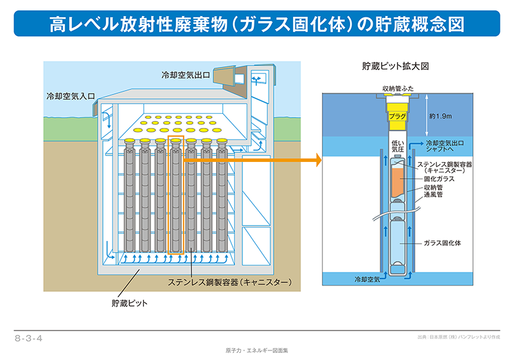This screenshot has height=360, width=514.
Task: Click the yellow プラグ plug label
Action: tap(397, 116)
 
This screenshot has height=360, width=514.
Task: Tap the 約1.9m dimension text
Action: tap(440, 116)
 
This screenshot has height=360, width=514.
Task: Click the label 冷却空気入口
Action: tap(71, 96)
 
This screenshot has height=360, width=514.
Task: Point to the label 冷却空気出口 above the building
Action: tap(186, 75)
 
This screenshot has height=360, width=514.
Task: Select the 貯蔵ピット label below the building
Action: tap(130, 303)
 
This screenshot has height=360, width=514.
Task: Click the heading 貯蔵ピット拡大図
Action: tap(395, 66)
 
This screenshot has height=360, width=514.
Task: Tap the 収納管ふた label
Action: tap(398, 89)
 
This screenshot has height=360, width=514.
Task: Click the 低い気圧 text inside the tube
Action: tap(398, 146)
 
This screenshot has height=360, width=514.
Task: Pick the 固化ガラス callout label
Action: tap(439, 179)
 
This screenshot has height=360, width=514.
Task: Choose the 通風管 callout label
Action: tap(433, 194)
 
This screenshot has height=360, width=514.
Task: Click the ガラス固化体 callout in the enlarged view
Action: tap(442, 243)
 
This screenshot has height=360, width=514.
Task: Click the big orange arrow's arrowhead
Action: tap(319, 160)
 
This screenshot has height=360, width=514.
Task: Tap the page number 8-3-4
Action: tap(28, 338)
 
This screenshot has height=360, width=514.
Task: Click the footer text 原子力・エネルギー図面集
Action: tap(256, 350)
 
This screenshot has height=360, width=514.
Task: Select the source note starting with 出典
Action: tap(459, 337)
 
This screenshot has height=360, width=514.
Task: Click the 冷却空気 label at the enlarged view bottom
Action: tap(367, 280)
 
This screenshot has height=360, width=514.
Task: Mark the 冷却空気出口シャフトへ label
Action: tap(445, 146)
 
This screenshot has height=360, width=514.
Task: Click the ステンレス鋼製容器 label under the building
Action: tap(230, 282)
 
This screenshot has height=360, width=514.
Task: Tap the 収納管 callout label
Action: tap(433, 188)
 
